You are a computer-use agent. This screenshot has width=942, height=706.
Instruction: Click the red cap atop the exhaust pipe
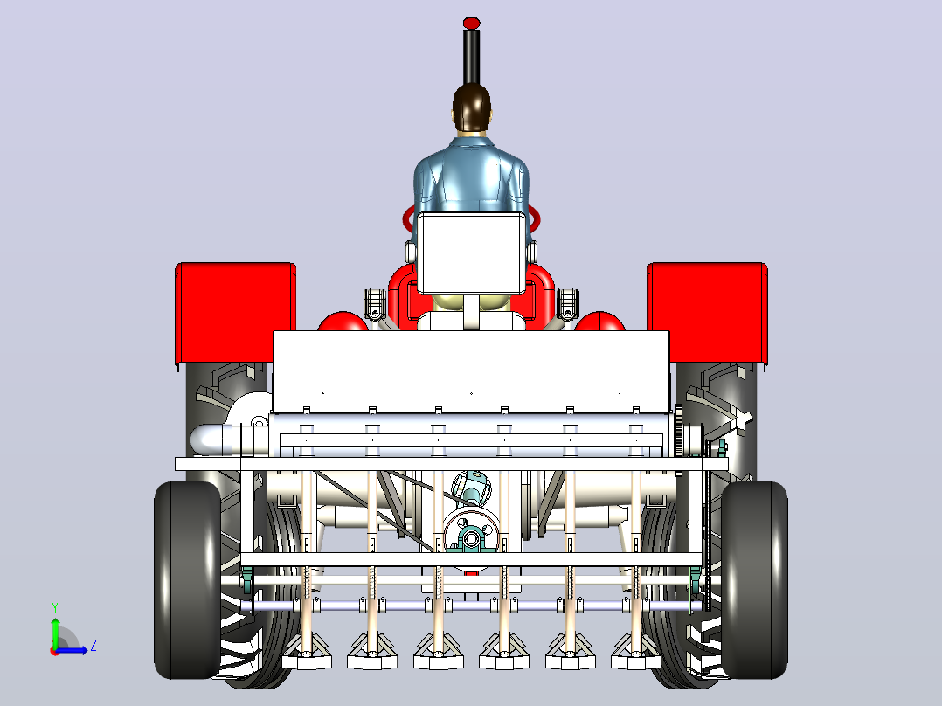pyautogui.click(x=472, y=23)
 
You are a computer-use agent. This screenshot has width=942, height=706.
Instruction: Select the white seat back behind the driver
pyautogui.click(x=471, y=253)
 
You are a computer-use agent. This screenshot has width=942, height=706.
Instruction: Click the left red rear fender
pyautogui.click(x=236, y=313)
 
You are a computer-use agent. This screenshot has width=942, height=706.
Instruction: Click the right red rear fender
pyautogui.click(x=707, y=313)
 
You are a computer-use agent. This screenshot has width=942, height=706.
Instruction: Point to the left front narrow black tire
pyautogui.click(x=187, y=580)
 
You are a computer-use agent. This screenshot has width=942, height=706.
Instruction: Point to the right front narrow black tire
pyautogui.click(x=754, y=580)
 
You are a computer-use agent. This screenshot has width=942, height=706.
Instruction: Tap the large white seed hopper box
pyautogui.click(x=472, y=371)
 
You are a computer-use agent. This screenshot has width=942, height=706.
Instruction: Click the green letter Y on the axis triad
pyautogui.click(x=55, y=607)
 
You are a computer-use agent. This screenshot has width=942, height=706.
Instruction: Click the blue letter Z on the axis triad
pyautogui.click(x=94, y=646)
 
